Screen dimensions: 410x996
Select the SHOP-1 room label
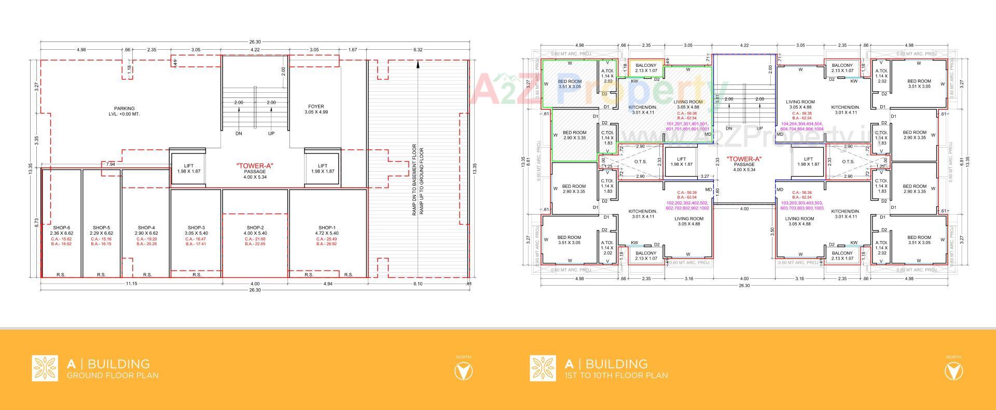click(x=327, y=228)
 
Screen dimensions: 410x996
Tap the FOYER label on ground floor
click(x=316, y=107)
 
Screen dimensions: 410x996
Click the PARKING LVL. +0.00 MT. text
click(x=125, y=111)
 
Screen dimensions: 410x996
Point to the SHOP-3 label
click(x=196, y=228)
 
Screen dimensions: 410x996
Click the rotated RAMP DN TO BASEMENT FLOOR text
click(x=414, y=180)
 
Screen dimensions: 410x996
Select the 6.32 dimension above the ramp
click(x=418, y=50)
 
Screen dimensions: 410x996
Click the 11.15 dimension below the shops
click(x=131, y=284)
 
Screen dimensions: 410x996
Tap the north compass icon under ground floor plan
click(x=463, y=371)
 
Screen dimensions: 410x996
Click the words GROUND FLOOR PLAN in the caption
click(x=113, y=375)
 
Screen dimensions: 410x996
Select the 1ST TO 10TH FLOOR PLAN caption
click(x=616, y=375)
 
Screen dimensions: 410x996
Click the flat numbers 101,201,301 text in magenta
click(x=687, y=126)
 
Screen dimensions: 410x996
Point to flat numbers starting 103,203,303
click(x=801, y=205)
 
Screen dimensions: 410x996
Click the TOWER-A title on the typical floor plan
click(x=744, y=159)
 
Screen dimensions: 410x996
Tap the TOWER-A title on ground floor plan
click(x=255, y=166)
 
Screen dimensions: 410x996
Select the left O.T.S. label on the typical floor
click(x=640, y=162)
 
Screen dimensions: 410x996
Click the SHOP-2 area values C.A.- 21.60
click(x=255, y=239)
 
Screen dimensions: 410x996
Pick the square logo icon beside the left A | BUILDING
click(x=45, y=368)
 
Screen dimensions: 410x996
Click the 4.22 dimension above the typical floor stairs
click(x=744, y=46)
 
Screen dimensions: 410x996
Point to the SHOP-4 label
click(x=146, y=228)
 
